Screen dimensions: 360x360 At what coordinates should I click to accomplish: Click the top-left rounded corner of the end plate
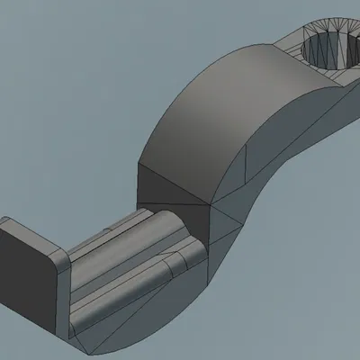click(x=7, y=222)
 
